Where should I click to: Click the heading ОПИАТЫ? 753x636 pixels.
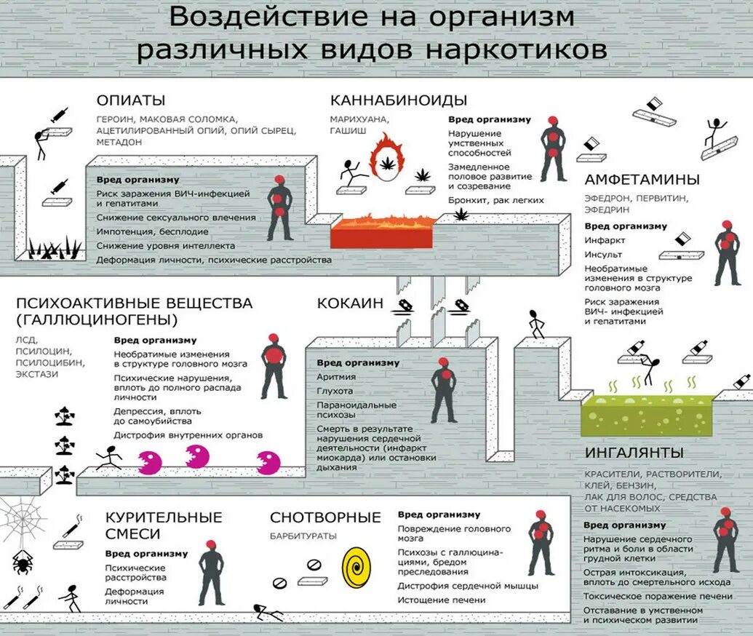pos(131,100)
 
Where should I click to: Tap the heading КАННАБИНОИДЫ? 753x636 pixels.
pos(398,100)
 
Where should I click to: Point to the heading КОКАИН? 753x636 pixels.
pos(349,303)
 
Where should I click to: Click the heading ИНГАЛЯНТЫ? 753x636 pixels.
pos(634,453)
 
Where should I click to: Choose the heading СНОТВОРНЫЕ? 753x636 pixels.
pos(325,517)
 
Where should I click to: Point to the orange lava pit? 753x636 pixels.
pos(383,231)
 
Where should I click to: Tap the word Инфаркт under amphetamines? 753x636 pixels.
pos(605,240)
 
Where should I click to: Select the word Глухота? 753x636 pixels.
pos(335,391)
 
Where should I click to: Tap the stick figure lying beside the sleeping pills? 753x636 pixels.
pos(268,612)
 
